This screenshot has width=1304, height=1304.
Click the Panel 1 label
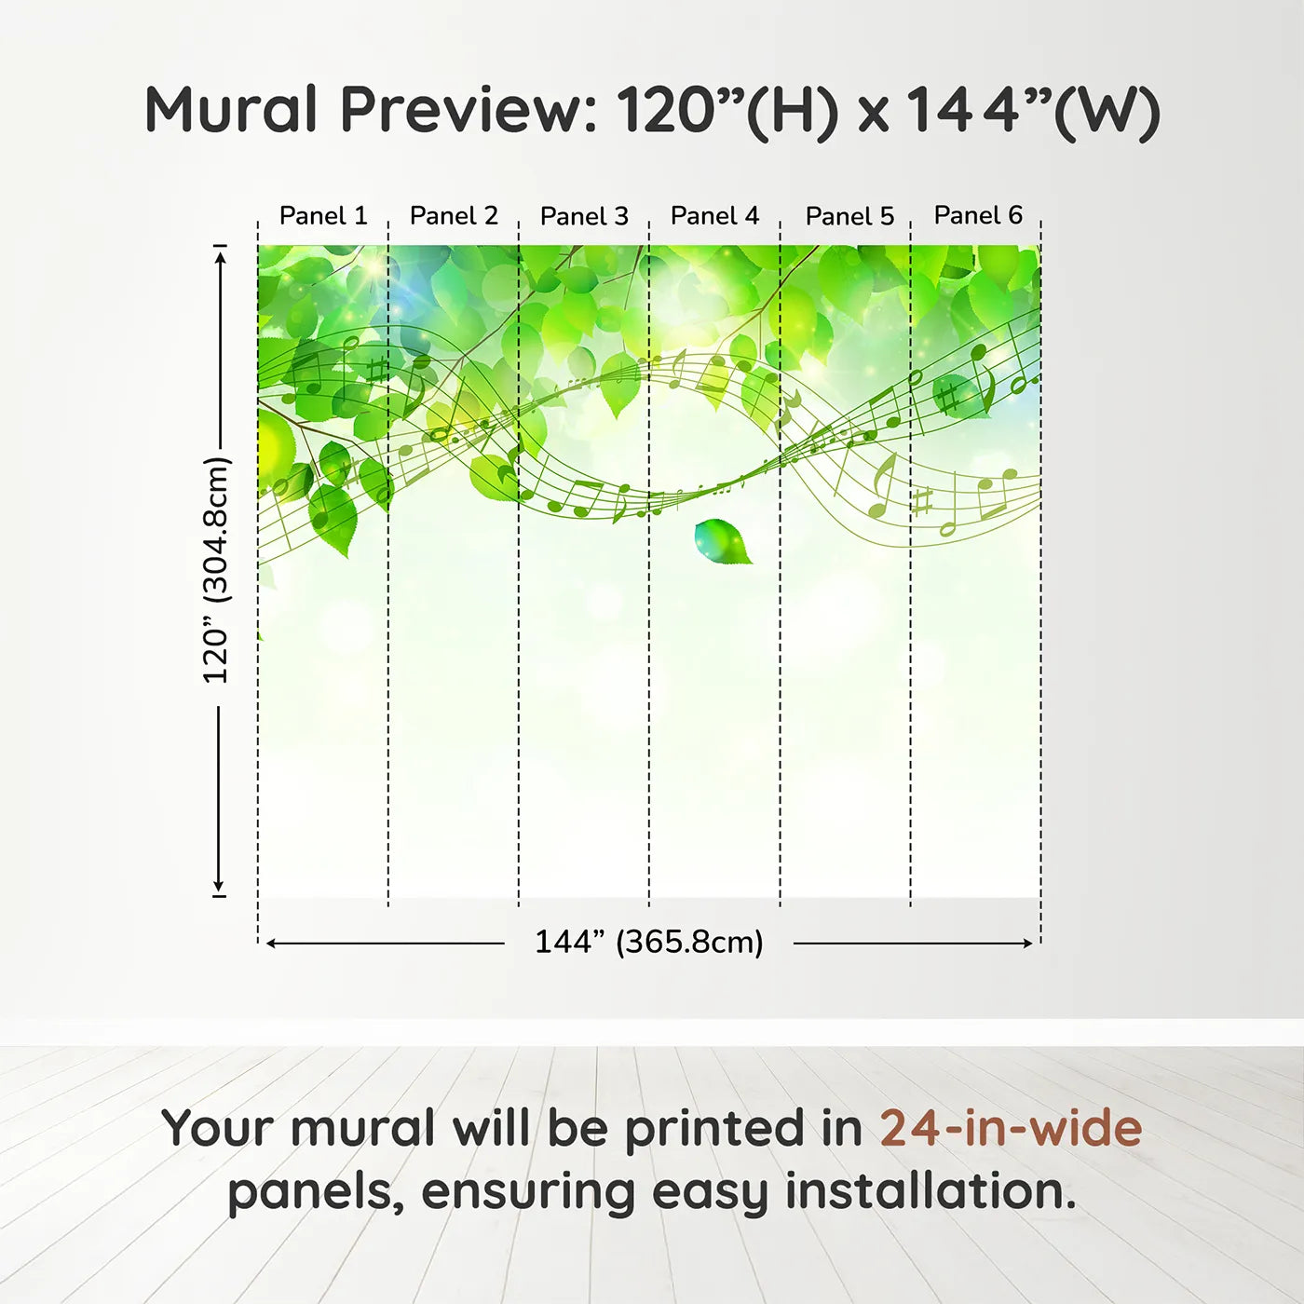point(323,216)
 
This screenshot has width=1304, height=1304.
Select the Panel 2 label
point(454,216)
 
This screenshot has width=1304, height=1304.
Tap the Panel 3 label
point(585,216)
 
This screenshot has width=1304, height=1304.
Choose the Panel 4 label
point(715,216)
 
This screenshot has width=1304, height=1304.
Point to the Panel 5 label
point(850,216)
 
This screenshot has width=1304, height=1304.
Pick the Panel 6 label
point(979,215)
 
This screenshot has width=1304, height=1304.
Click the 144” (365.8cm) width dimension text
point(649,942)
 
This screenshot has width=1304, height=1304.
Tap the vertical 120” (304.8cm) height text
point(217,570)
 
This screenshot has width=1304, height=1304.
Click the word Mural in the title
point(231,110)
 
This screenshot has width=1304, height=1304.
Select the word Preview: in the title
point(469,110)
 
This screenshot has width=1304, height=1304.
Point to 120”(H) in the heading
point(727,111)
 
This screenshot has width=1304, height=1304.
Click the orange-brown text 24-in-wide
point(1011,1128)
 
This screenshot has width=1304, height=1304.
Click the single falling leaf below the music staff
point(723,541)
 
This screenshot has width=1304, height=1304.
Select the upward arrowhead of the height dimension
point(219,256)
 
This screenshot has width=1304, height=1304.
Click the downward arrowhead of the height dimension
point(218,886)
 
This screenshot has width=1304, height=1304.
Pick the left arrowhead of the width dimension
point(272,944)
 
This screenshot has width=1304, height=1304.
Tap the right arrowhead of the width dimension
point(1026,944)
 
